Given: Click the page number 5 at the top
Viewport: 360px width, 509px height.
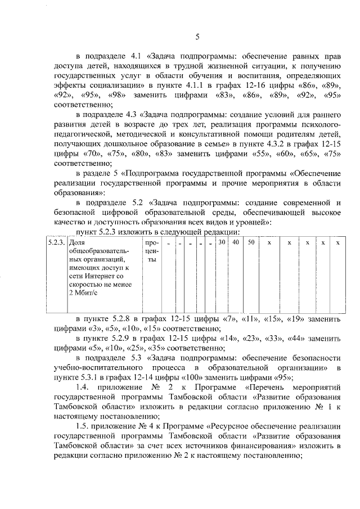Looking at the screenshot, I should [x=197, y=38].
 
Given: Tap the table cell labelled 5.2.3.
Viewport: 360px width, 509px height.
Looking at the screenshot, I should [x=55, y=243].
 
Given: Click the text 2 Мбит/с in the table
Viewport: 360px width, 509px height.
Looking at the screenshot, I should [x=83, y=293].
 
